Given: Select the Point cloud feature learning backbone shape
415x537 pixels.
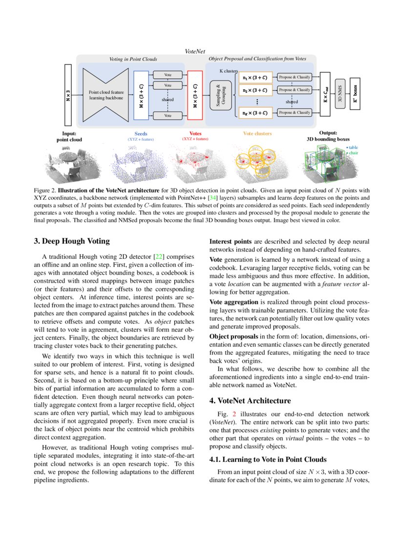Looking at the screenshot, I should tap(106, 95).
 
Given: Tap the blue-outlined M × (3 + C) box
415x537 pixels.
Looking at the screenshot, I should tap(141, 95).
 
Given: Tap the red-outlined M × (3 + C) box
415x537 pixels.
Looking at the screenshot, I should tap(195, 95).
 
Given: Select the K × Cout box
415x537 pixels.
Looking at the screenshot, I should tap(326, 95).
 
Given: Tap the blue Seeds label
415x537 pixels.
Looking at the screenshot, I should tap(141, 133).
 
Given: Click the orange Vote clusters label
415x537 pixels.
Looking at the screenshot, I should tap(257, 133).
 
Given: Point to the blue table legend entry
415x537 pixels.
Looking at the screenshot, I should tap(353, 147).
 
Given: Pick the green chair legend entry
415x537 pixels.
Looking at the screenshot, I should tap(353, 153).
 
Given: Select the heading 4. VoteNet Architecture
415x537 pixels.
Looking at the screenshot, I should tap(250, 401).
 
